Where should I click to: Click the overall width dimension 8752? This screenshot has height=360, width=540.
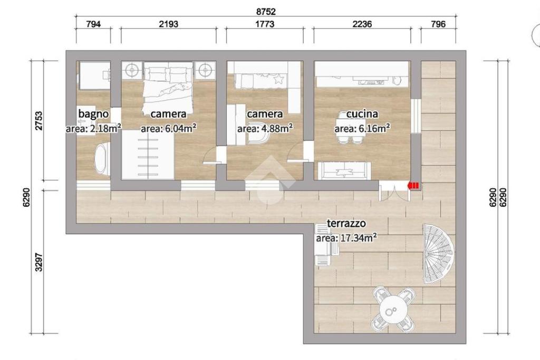coord(266,12)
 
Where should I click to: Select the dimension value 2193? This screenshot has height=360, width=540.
coord(169,24)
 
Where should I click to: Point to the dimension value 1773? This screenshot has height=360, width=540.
coord(265,24)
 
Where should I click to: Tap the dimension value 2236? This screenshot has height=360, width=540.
coord(362,24)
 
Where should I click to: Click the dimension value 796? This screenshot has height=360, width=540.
coord(438,24)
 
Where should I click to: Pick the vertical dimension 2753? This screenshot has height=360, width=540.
coord(39,121)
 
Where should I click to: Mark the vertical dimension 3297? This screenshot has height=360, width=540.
coord(39,262)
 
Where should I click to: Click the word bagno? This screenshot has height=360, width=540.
coord(93,113)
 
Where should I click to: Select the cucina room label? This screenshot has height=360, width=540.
coord(362,113)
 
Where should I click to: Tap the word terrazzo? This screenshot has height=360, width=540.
coord(346,223)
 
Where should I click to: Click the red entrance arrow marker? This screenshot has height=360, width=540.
coord(413,186)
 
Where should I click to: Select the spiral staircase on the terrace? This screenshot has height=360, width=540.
coord(439,254)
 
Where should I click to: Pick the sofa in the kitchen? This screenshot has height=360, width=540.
coord(344,171)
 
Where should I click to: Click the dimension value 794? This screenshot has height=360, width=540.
coord(93,24)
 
